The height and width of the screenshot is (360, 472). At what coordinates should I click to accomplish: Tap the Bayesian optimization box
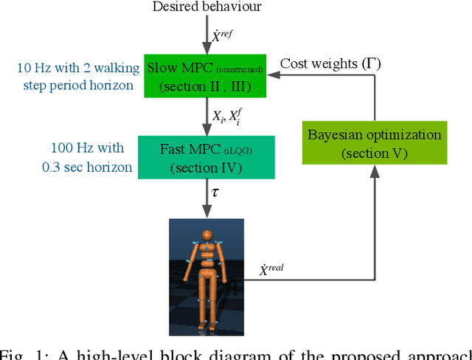point(375,144)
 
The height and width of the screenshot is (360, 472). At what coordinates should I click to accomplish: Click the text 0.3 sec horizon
point(87,167)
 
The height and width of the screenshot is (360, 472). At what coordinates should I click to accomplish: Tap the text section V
point(375,153)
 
